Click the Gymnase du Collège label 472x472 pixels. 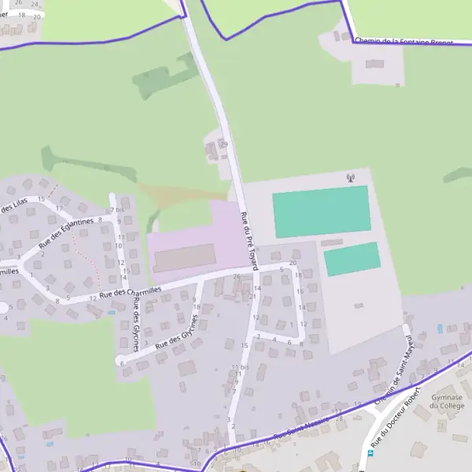click(447, 403)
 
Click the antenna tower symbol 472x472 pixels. click(350, 179)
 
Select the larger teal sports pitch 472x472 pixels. click(321, 211)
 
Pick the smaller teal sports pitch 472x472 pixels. click(352, 259)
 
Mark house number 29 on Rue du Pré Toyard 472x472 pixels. click(223, 145)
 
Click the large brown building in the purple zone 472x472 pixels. click(184, 257)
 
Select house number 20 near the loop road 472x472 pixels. click(293, 263)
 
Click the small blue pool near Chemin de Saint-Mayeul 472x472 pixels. click(440, 328)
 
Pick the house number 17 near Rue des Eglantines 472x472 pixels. click(59, 208)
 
